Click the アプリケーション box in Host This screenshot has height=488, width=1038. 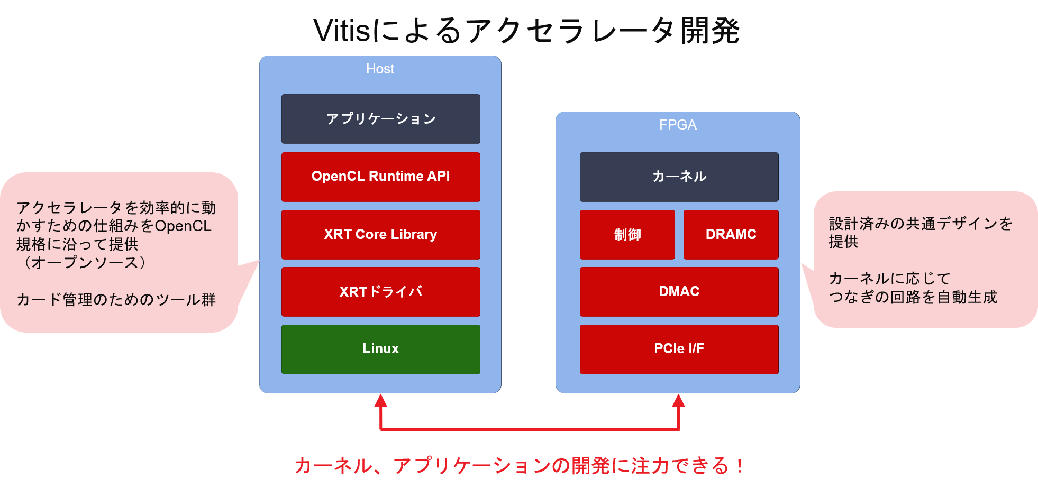[380, 119]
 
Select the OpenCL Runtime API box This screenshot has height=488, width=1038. [380, 177]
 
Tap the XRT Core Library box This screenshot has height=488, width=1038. [380, 234]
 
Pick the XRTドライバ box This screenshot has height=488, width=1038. [380, 291]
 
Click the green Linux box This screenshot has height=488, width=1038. [380, 349]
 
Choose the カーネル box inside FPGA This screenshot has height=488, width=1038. [679, 177]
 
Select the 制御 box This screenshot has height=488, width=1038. [627, 234]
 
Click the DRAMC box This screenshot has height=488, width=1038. [731, 234]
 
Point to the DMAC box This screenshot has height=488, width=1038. [679, 291]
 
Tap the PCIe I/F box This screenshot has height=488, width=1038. [679, 349]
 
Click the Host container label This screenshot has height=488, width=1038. [380, 69]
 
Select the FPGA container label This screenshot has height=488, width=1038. [678, 125]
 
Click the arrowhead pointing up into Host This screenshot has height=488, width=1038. [380, 400]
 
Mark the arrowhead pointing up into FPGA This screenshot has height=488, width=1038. [678, 400]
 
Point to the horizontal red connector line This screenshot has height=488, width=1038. [529, 429]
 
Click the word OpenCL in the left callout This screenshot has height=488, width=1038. [183, 226]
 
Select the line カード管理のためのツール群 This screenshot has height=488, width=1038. [116, 300]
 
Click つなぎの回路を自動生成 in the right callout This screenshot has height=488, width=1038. [913, 297]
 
